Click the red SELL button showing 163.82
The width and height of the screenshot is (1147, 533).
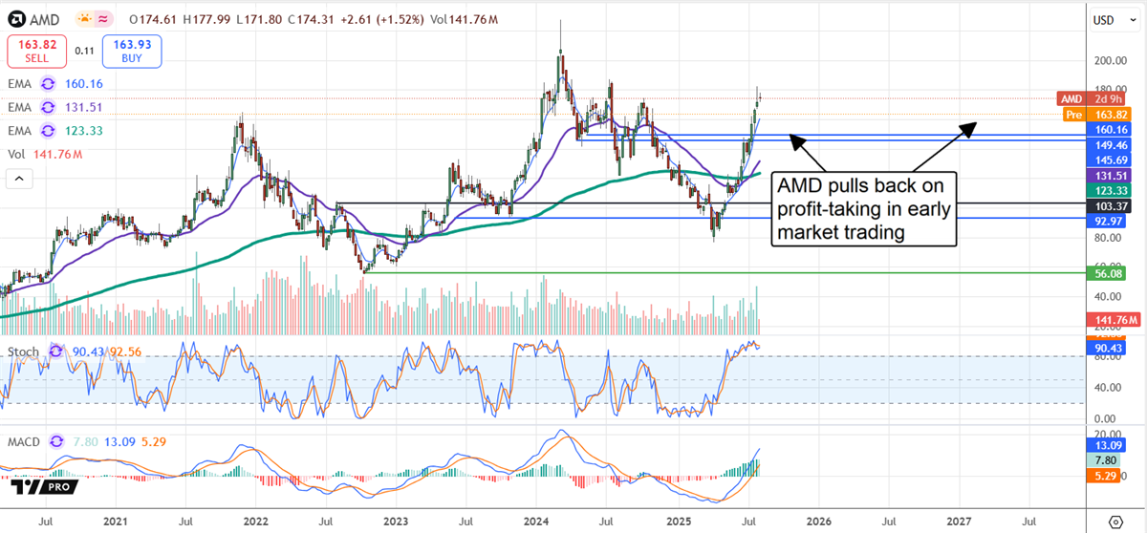[x=35, y=51]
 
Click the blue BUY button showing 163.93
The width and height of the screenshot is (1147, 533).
[x=134, y=51]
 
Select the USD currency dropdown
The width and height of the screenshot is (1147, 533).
[x=1108, y=19]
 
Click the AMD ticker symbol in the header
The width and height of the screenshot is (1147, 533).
[x=48, y=18]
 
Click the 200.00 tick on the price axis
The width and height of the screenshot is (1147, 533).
[x=1109, y=60]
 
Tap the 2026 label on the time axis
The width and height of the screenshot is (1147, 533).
[x=817, y=522]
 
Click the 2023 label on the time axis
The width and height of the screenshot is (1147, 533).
[x=395, y=522]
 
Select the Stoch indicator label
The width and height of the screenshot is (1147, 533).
[x=23, y=352]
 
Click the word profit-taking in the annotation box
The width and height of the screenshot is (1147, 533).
[x=829, y=208]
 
